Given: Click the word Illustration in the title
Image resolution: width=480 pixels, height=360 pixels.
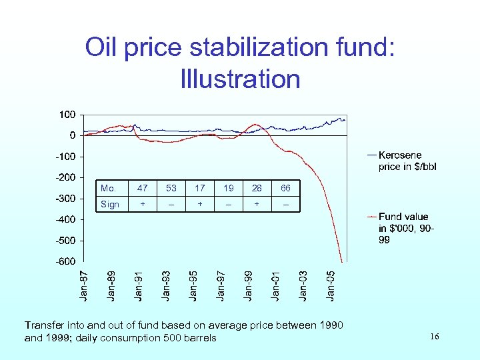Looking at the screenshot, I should tap(240, 79).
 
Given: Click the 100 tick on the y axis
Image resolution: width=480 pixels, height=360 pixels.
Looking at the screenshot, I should tap(67, 115).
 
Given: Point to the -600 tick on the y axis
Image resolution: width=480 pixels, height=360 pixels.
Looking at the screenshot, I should tap(64, 261).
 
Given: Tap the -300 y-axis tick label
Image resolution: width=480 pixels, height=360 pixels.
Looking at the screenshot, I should tap(64, 199).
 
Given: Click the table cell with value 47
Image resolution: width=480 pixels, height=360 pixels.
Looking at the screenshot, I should tap(143, 189).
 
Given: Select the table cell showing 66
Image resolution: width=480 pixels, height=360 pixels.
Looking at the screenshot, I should tap(285, 189).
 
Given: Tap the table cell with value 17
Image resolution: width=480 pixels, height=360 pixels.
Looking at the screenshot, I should tap(200, 189).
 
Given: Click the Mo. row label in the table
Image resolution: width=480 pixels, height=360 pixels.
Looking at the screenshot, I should tap(108, 189).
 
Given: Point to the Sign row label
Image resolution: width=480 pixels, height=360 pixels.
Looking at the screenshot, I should tap(109, 204).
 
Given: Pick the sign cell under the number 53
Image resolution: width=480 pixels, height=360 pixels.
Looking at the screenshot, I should tap(171, 205).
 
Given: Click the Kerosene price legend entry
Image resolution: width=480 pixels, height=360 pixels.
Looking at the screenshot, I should tap(403, 161).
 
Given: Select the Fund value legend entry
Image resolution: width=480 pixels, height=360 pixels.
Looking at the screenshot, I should tap(403, 228).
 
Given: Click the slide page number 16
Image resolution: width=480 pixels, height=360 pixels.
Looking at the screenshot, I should tap(434, 338).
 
